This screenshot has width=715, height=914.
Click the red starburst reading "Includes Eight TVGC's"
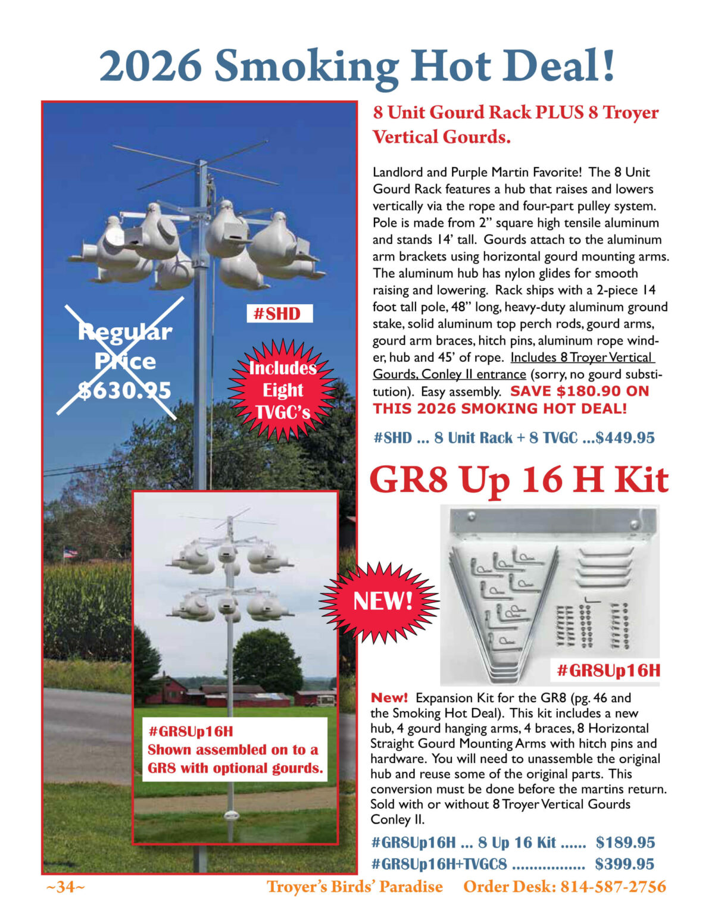[x=282, y=390]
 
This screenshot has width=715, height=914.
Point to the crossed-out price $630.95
[x=125, y=390]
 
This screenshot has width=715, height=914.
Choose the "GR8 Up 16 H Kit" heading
[x=519, y=480]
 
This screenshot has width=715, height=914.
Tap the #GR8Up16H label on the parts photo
[x=608, y=671]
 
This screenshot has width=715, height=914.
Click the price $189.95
[x=625, y=843]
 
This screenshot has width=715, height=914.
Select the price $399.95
[x=625, y=864]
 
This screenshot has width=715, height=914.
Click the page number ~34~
[x=65, y=887]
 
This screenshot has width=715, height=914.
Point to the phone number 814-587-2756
[x=612, y=887]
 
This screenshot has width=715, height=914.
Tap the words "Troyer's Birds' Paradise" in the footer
[x=354, y=887]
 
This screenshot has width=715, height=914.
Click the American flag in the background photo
[x=70, y=553]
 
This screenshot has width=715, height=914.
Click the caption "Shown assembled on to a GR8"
[x=233, y=750]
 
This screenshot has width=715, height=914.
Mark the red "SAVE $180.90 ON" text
[x=579, y=392]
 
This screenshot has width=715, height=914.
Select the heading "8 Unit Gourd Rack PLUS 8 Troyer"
[x=516, y=112]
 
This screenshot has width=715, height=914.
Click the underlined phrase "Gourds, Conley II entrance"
[x=449, y=374]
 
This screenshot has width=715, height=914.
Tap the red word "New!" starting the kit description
[x=389, y=697]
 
